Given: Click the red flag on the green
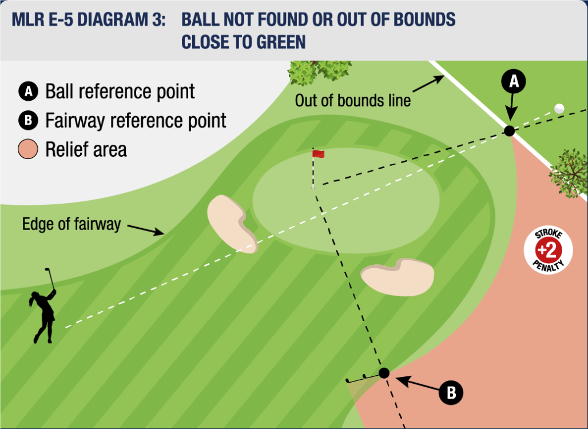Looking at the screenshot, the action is [319, 153].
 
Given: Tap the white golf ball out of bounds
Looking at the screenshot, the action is [559, 108].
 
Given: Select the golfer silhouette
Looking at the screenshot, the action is [43, 305].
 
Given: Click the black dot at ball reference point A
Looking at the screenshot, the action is [509, 131].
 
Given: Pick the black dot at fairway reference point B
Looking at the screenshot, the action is [384, 373].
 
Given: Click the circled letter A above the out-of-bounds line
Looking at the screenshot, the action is [514, 81].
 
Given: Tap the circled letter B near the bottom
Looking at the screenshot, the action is [451, 393].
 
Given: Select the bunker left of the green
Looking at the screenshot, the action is [232, 224].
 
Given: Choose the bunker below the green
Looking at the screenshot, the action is [398, 277].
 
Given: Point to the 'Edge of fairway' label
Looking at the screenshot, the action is [71, 224].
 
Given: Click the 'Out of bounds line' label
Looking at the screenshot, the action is [352, 101].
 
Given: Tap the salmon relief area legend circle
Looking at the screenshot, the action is [28, 149].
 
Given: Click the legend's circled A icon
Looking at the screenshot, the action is [28, 92].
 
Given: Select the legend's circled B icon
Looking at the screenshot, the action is [28, 120].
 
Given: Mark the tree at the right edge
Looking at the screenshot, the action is [568, 173].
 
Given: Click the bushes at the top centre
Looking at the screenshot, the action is [320, 72].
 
